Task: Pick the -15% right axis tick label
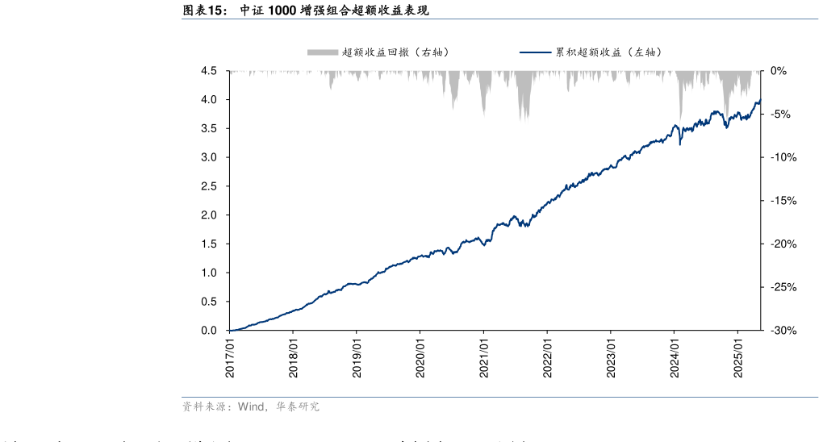coord(783,201)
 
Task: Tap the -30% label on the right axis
coord(783,331)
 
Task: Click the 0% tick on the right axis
coord(778,71)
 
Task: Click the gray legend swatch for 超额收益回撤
coord(322,52)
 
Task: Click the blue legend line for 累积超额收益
coord(535,52)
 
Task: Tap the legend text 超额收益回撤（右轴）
coord(395,52)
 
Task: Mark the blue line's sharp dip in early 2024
coord(680,144)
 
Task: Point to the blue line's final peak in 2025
coord(759,100)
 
